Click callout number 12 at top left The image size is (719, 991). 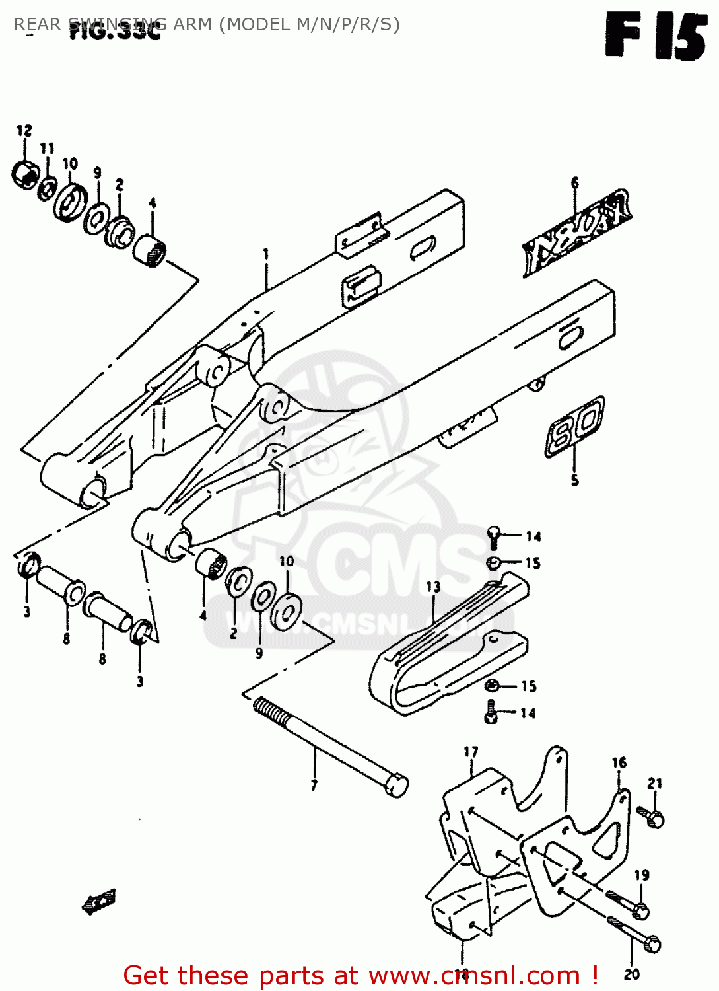(x=24, y=130)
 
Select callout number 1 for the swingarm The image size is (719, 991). (x=265, y=254)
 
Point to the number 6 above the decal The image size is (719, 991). (x=574, y=183)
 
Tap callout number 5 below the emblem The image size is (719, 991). (x=574, y=480)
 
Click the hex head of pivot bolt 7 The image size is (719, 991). (x=396, y=785)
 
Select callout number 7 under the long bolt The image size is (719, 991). (x=314, y=786)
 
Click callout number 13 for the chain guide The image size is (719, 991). (x=432, y=586)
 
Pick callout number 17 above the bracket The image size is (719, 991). (x=470, y=752)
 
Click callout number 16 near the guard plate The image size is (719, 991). (x=619, y=762)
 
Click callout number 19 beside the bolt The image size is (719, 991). (x=642, y=875)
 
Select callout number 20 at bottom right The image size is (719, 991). (x=631, y=974)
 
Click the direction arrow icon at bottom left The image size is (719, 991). (x=99, y=901)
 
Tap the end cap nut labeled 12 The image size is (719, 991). (x=26, y=174)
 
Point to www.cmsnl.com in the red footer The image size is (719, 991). (x=471, y=976)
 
